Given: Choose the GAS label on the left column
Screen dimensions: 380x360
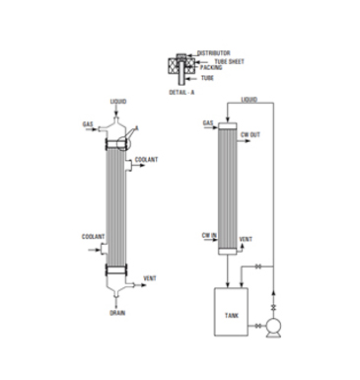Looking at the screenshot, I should tap(87, 125).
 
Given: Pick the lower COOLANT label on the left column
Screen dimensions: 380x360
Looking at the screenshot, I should tap(94, 237).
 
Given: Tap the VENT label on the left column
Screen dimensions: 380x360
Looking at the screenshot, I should tap(150, 278).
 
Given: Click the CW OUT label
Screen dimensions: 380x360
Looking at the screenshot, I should tap(250, 134).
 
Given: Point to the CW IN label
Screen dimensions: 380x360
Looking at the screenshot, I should tap(209, 235).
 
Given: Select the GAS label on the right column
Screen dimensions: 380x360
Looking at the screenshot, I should tap(208, 123).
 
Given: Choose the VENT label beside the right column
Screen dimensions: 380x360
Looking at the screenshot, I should tap(247, 240).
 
